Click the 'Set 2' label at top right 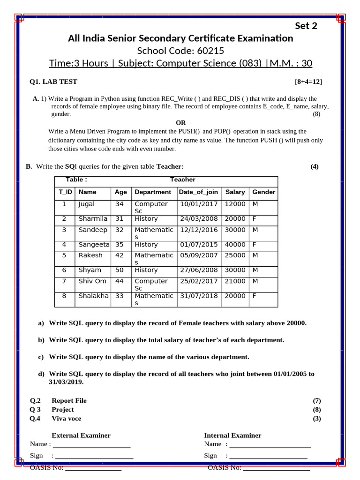(x=306, y=26)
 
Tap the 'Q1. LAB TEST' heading (x=53, y=82)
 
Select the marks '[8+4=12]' (x=308, y=82)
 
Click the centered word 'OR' (x=180, y=123)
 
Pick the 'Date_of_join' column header (x=198, y=192)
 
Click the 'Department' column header (x=153, y=192)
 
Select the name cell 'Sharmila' (x=93, y=219)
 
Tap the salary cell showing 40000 (x=235, y=245)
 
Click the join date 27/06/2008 (x=198, y=270)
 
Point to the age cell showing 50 (x=120, y=270)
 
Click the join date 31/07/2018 (x=198, y=296)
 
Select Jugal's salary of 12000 (x=235, y=204)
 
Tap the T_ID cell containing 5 (x=64, y=255)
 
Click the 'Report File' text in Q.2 (x=69, y=400)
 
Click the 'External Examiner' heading (x=81, y=435)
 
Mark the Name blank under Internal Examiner (x=270, y=444)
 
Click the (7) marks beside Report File (x=317, y=400)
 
